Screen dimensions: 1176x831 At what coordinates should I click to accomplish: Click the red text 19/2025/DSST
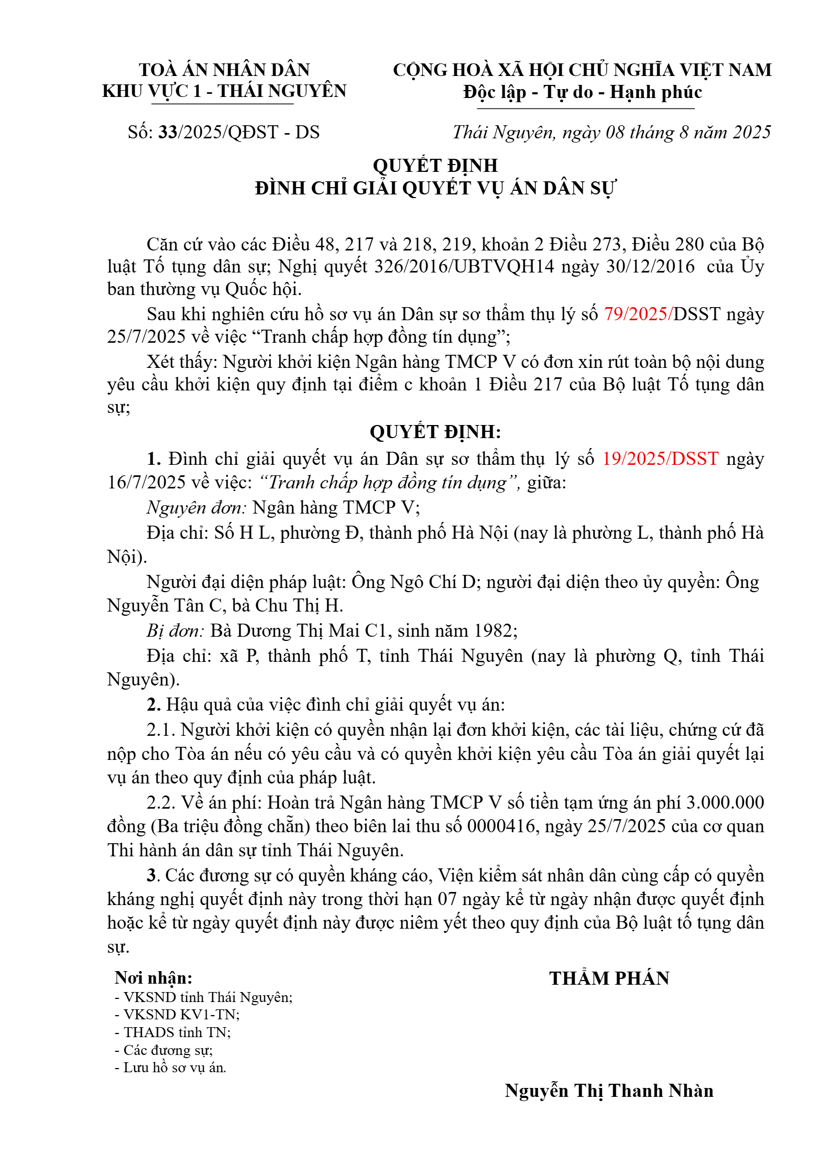pos(660,459)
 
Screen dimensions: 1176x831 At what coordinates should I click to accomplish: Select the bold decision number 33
pos(168,133)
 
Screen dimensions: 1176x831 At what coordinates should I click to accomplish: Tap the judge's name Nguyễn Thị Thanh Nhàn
pos(609,1091)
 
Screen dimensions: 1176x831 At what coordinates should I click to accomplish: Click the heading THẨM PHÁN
pos(609,978)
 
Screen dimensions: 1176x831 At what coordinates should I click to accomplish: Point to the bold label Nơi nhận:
pos(154,978)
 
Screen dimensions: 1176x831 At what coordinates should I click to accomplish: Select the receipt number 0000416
pos(501,826)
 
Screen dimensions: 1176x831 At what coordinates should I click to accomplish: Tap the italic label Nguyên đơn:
pos(196,507)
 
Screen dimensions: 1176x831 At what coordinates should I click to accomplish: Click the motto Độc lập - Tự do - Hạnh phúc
pos(583,92)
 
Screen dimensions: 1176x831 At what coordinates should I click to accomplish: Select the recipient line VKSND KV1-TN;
pos(177,1015)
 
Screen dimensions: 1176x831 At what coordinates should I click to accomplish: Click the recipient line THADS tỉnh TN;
pos(173,1032)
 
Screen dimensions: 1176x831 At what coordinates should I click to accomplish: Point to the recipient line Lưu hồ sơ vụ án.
pos(171,1068)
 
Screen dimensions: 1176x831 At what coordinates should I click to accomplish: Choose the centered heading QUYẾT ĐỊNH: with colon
pos(435,432)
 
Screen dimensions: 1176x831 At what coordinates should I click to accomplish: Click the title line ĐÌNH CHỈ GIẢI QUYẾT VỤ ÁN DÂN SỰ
pos(435,188)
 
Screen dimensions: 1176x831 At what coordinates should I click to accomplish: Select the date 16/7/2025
pos(147,483)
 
